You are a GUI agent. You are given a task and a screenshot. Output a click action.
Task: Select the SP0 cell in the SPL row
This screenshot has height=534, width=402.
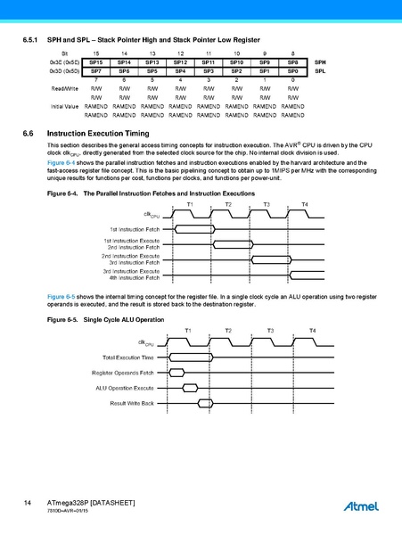point(293,70)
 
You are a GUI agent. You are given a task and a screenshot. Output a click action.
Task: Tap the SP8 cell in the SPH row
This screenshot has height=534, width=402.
point(293,62)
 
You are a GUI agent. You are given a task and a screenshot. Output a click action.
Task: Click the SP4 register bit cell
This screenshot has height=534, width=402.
point(180,70)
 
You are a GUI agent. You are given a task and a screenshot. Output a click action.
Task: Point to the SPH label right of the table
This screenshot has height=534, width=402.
point(320,62)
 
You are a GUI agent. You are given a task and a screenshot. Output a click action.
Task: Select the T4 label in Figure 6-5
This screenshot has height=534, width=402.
point(311,331)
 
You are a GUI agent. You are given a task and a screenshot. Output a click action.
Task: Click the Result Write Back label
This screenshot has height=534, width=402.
point(132,403)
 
